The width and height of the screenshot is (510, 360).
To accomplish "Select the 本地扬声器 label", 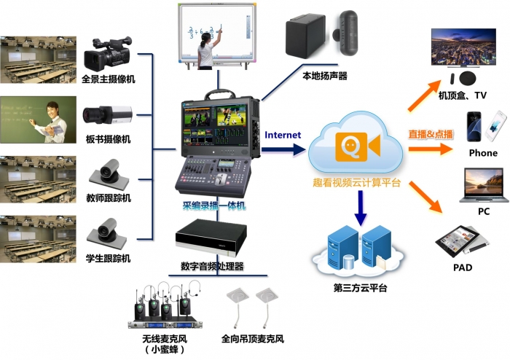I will pos(324,75).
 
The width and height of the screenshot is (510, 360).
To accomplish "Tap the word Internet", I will pos(283,135).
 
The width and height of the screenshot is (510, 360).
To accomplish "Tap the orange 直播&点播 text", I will pos(431,134).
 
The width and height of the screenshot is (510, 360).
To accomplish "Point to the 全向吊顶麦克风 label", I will pos(252,339).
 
